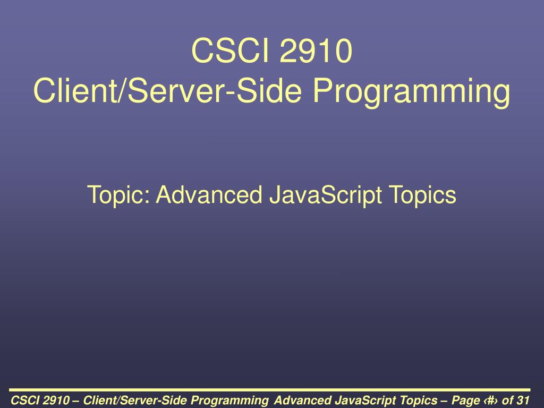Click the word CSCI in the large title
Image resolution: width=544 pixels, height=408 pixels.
click(x=231, y=50)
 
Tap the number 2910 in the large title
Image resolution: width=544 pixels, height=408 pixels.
click(x=316, y=50)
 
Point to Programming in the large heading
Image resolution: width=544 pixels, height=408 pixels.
click(x=412, y=92)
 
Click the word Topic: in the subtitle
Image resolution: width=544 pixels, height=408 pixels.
click(x=118, y=195)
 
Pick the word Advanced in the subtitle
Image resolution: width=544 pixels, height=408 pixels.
click(x=209, y=194)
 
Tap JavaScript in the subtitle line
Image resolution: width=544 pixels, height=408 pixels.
click(x=326, y=195)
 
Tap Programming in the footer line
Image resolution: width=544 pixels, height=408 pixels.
click(x=229, y=401)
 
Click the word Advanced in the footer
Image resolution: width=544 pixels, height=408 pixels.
click(x=302, y=400)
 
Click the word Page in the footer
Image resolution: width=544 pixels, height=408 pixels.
click(x=465, y=401)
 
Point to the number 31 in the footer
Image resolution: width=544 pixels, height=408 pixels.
click(x=523, y=400)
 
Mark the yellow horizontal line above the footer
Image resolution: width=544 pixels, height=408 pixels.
click(x=269, y=390)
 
